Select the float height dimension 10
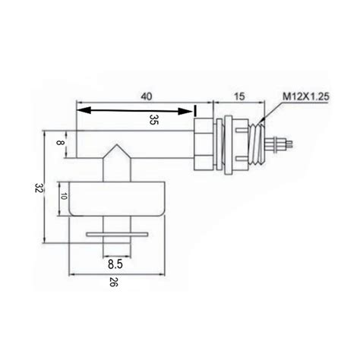65,197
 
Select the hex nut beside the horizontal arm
204,144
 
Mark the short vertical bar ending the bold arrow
196,111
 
